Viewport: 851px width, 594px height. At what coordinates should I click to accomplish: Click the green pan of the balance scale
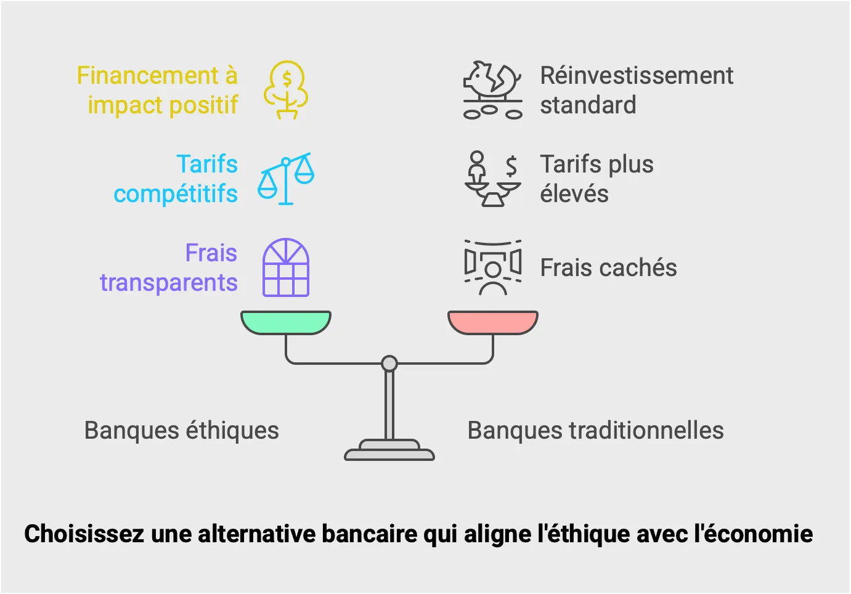(x=286, y=322)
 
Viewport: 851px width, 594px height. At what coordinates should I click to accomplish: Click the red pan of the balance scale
(x=492, y=322)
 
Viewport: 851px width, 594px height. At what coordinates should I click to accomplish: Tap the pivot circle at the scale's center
(x=389, y=364)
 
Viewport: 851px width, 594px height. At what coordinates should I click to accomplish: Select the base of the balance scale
(x=389, y=452)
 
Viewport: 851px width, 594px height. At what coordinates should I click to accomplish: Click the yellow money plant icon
(x=287, y=90)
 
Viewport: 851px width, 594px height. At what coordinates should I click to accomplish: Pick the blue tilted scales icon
(x=286, y=178)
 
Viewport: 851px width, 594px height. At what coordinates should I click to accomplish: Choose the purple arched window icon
(x=286, y=267)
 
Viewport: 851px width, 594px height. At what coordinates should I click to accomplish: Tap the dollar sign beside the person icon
(x=511, y=166)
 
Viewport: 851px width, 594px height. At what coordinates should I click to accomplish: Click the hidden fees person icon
(x=492, y=267)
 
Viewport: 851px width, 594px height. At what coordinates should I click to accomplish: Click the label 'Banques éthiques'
(x=182, y=431)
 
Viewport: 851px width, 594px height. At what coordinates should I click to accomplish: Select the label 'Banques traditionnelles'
(x=595, y=431)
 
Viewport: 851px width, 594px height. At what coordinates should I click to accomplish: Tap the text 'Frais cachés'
(x=608, y=268)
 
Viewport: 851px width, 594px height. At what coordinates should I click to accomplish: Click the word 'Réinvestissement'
(x=637, y=76)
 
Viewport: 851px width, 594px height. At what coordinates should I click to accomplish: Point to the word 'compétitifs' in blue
(x=176, y=194)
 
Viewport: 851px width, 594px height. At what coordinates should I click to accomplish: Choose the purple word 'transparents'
(x=169, y=283)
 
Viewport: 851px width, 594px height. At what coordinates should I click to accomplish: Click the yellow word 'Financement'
(x=147, y=76)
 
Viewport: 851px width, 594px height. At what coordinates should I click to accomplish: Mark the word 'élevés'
(x=574, y=194)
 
